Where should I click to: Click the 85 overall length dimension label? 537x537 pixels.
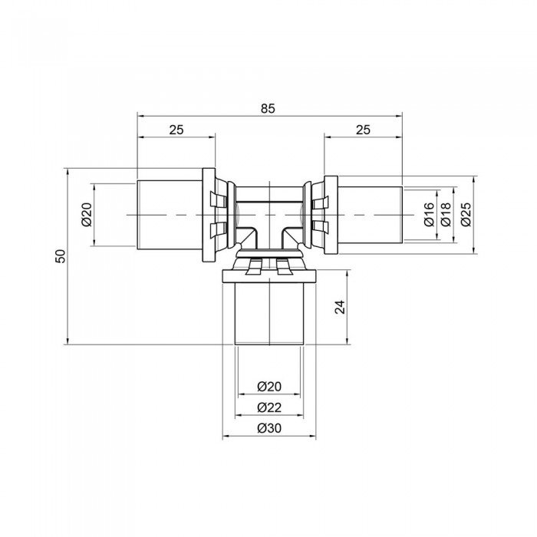pyautogui.click(x=267, y=108)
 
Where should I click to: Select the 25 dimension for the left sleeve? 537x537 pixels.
pyautogui.click(x=176, y=130)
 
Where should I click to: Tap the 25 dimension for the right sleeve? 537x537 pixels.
pyautogui.click(x=363, y=130)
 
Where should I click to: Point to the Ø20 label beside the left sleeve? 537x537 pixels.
pyautogui.click(x=86, y=215)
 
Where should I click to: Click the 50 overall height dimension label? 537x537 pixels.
pyautogui.click(x=61, y=256)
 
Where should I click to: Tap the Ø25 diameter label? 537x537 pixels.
pyautogui.click(x=466, y=215)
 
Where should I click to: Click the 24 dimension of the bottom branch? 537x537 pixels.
pyautogui.click(x=341, y=307)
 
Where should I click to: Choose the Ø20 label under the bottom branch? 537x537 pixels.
pyautogui.click(x=268, y=387)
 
